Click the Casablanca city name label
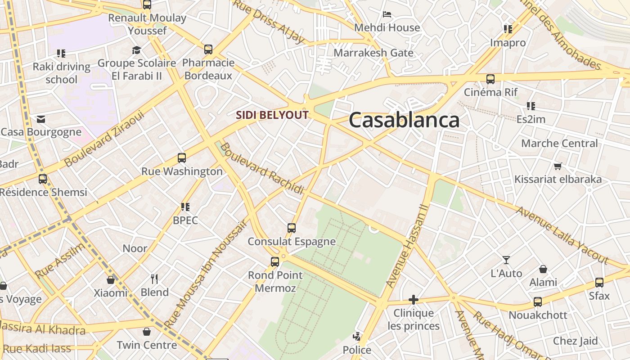pyautogui.click(x=404, y=120)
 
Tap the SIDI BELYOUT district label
pyautogui.click(x=272, y=115)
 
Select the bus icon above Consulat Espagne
pyautogui.click(x=292, y=228)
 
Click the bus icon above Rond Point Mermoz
pyautogui.click(x=275, y=261)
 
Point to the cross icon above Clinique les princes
pyautogui.click(x=413, y=300)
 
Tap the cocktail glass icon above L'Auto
pyautogui.click(x=506, y=260)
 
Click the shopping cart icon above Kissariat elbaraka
pyautogui.click(x=558, y=166)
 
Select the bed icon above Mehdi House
pyautogui.click(x=387, y=14)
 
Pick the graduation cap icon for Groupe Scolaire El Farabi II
pyautogui.click(x=136, y=50)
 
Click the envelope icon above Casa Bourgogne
pyautogui.click(x=41, y=119)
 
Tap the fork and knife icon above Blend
pyautogui.click(x=154, y=279)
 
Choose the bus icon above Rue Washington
pyautogui.click(x=182, y=158)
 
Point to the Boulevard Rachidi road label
pyautogui.click(x=262, y=168)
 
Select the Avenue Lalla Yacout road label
pyautogui.click(x=562, y=235)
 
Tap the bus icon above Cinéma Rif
pyautogui.click(x=490, y=79)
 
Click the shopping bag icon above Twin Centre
pyautogui.click(x=147, y=332)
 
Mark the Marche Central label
pyautogui.click(x=559, y=144)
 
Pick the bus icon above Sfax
pyautogui.click(x=599, y=283)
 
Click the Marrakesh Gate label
pyautogui.click(x=373, y=53)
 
